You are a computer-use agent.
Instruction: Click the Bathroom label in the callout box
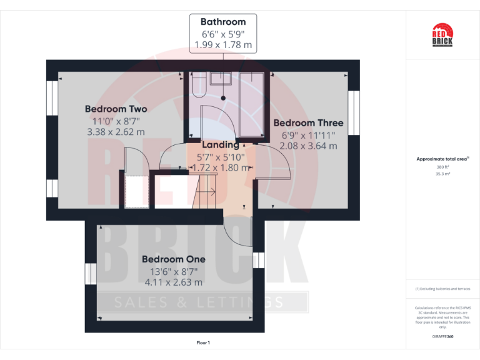223,21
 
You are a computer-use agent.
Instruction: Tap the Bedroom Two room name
116,109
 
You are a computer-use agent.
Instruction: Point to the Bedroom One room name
173,259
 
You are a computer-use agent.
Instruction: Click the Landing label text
221,145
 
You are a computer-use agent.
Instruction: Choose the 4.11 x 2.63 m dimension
173,282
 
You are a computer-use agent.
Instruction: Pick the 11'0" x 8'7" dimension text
116,121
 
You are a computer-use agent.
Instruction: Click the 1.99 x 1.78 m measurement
223,44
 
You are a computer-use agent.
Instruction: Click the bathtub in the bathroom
252,103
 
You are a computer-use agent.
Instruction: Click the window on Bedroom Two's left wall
52,97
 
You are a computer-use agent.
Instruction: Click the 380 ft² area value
442,167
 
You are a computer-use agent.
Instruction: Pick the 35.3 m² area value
442,174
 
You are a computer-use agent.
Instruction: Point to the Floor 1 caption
203,343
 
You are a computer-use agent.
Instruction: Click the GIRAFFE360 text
442,336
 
